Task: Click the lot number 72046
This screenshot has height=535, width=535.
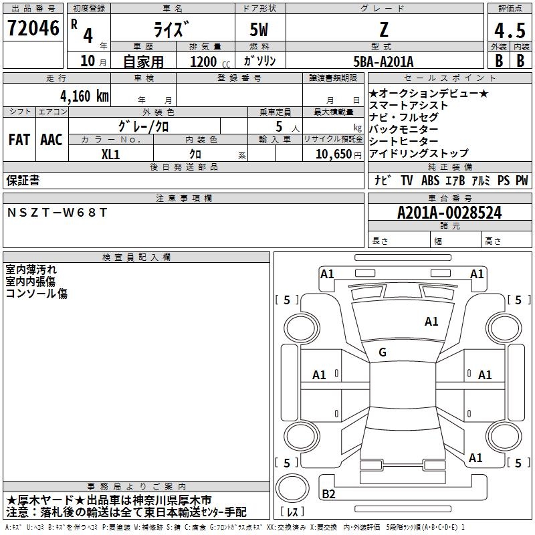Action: [x=33, y=28]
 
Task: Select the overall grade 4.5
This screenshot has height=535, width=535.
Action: [x=510, y=30]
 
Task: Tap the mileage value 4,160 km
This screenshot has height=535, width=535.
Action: [x=84, y=96]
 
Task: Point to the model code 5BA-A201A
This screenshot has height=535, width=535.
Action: [x=383, y=62]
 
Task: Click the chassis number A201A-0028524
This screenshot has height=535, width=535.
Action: [x=449, y=213]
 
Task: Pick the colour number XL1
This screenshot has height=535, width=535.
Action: [x=110, y=154]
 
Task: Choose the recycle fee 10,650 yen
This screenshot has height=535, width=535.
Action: [x=338, y=154]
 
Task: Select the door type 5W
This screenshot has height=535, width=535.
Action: [x=259, y=29]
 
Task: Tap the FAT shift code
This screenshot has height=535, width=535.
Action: [x=19, y=140]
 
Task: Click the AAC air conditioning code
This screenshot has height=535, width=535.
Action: [x=51, y=140]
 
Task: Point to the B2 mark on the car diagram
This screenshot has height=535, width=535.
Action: [x=328, y=494]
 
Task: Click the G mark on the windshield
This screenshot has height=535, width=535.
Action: [x=383, y=352]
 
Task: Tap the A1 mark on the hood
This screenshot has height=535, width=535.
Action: [x=431, y=322]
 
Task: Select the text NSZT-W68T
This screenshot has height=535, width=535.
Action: [x=57, y=213]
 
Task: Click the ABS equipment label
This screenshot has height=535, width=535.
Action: [x=430, y=181]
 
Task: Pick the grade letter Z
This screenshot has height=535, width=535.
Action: [x=384, y=29]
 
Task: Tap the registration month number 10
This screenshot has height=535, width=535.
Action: [x=88, y=61]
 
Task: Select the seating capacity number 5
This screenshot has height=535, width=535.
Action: [x=279, y=127]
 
